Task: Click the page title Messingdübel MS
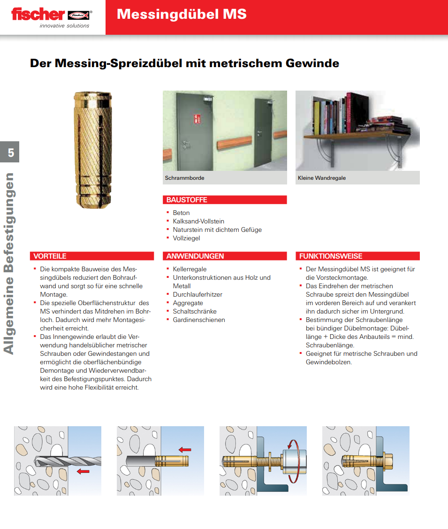point(182,14)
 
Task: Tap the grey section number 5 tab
point(10,152)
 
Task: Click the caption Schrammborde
point(184,178)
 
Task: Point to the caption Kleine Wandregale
point(322,178)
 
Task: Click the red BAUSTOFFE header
point(187,200)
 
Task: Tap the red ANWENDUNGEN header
point(195,256)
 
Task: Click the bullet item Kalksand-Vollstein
point(198,221)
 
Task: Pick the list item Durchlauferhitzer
point(197,294)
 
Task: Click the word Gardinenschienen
point(199,320)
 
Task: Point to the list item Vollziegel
point(186,238)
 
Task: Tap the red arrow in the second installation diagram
point(185,450)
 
